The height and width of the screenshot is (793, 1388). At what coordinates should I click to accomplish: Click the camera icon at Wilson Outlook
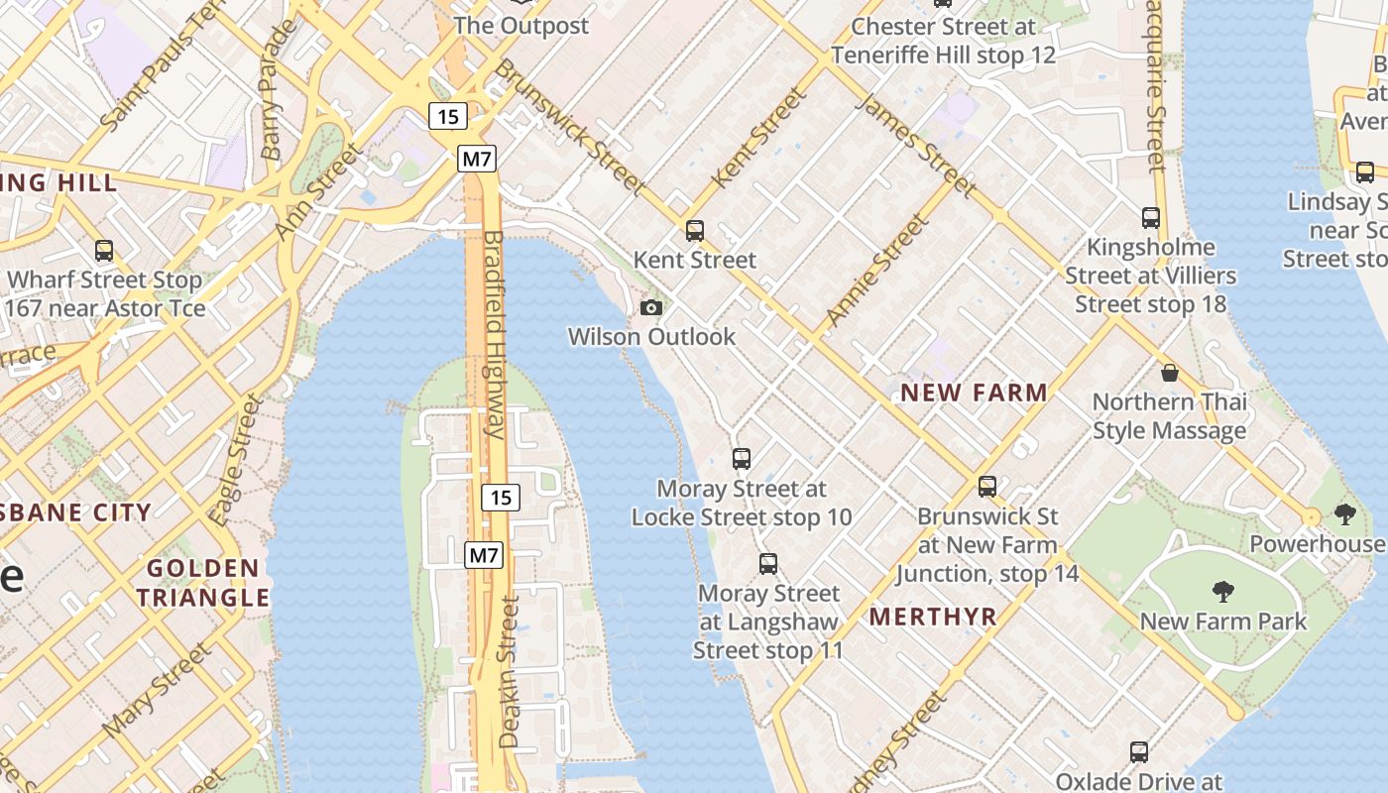tap(651, 308)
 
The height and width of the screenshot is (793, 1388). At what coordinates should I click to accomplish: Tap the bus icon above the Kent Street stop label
tap(695, 231)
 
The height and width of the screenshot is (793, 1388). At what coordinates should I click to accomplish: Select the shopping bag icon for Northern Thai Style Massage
tap(1170, 373)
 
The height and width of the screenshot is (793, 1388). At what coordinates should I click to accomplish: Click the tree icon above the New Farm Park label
tap(1223, 592)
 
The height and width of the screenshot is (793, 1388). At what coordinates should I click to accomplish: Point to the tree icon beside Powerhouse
tap(1345, 514)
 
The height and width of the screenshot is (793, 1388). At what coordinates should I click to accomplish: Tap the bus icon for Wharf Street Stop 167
tap(104, 251)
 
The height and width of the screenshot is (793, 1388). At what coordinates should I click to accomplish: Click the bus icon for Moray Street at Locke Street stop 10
tap(742, 459)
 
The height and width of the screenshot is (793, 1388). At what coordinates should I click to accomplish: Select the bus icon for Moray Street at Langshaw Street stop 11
tap(768, 564)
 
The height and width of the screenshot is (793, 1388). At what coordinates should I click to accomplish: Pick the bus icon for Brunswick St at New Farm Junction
tap(987, 487)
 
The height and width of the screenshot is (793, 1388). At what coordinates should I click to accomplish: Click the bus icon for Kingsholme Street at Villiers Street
tap(1151, 217)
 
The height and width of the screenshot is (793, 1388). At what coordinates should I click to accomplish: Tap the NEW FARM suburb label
tap(974, 393)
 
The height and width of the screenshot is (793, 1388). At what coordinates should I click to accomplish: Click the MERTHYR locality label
tap(933, 617)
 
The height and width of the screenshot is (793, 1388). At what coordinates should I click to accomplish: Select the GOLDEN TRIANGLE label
tap(203, 583)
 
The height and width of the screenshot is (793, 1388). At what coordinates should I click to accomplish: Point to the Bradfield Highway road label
tap(494, 334)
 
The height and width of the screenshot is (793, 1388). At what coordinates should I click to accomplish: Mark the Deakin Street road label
tap(509, 671)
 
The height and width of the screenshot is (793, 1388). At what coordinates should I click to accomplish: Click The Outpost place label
tap(521, 26)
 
